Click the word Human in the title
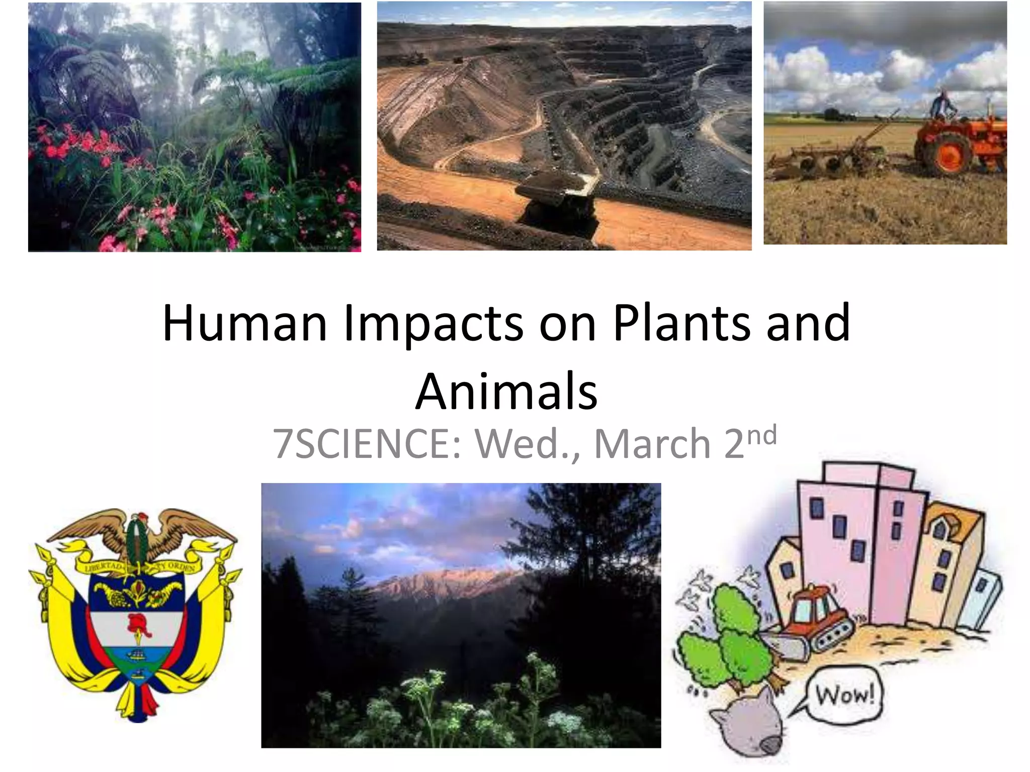click(x=245, y=323)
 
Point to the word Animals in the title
click(x=506, y=392)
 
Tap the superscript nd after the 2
click(x=762, y=435)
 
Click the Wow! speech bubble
click(x=844, y=696)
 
